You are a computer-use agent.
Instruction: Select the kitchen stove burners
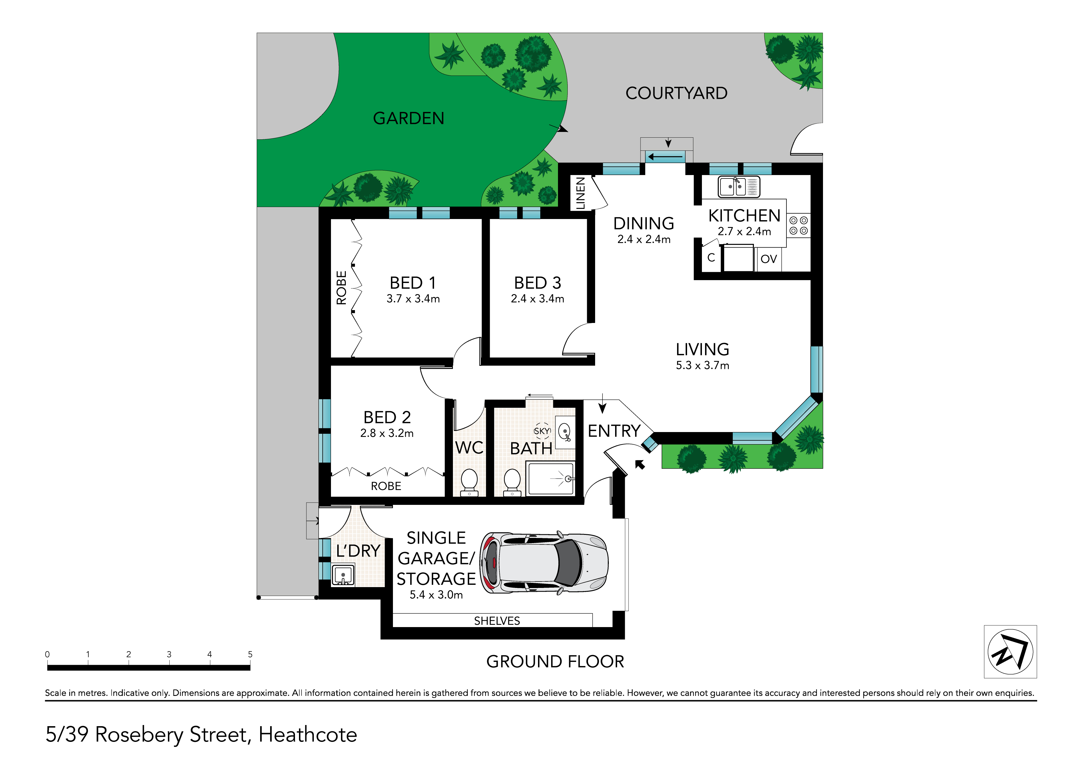[798, 225]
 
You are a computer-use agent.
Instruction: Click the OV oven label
[769, 259]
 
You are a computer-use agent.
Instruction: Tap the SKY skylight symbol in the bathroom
[542, 431]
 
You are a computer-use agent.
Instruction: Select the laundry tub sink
[343, 575]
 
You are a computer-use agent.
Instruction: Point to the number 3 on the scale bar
[169, 654]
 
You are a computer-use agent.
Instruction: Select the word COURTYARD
[676, 93]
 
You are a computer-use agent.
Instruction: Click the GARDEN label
[409, 118]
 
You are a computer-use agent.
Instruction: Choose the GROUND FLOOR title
[555, 661]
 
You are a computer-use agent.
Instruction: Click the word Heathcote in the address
[308, 734]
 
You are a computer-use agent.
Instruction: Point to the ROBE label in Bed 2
[386, 486]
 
